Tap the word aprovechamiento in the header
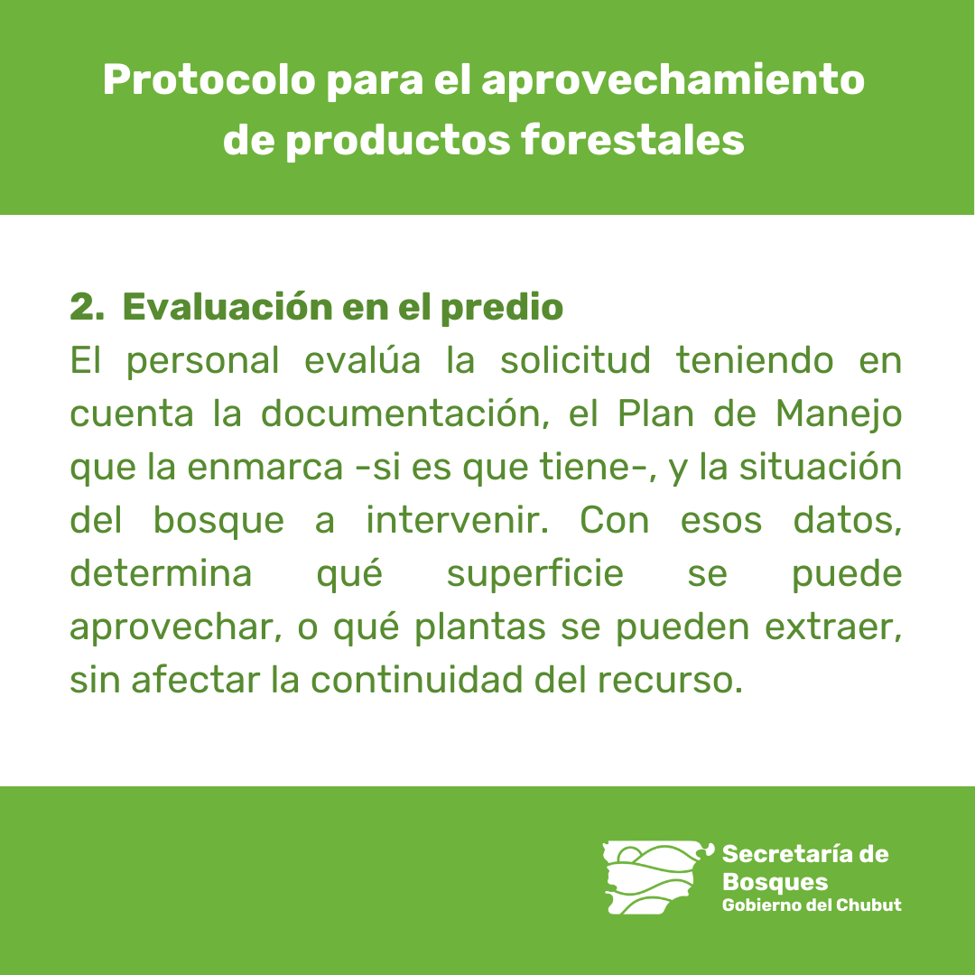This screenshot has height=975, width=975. pyautogui.click(x=673, y=82)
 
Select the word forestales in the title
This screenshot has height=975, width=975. pyautogui.click(x=632, y=139)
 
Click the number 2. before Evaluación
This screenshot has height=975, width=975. pyautogui.click(x=87, y=307)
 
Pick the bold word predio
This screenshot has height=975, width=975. pyautogui.click(x=502, y=307)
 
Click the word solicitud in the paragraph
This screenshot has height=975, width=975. pyautogui.click(x=575, y=359)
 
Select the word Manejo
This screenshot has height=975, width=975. pyautogui.click(x=838, y=415)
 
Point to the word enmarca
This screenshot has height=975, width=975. pyautogui.click(x=265, y=467)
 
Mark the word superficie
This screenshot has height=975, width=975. pyautogui.click(x=534, y=575)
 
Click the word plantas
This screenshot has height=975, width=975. pyautogui.click(x=480, y=628)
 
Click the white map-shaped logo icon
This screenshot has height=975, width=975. pyautogui.click(x=656, y=877)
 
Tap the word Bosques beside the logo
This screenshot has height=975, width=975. pyautogui.click(x=775, y=882)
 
